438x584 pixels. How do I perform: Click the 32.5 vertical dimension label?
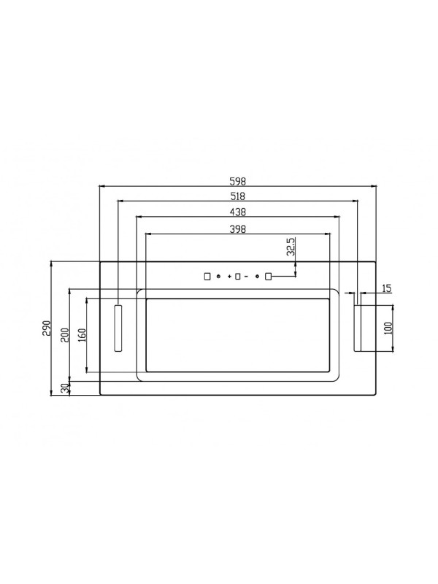tap(291, 247)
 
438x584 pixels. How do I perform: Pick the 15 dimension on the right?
tap(386, 288)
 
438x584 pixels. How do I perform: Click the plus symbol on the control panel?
tap(229, 277)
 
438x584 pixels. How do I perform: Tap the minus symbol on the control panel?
tap(247, 277)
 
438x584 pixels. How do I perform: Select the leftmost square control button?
tap(207, 277)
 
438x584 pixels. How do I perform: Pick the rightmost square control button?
tap(268, 277)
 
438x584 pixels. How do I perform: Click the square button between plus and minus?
tap(238, 277)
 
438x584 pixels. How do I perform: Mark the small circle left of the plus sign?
tap(219, 277)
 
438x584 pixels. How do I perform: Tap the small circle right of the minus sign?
tap(257, 277)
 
